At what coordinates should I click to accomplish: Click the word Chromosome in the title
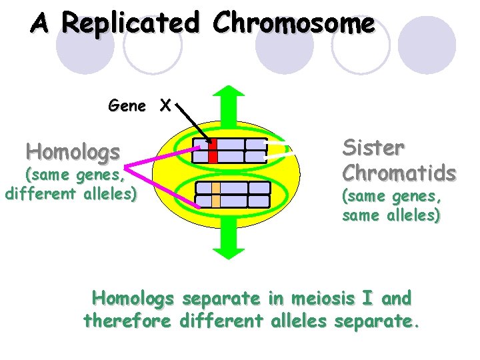[293, 24]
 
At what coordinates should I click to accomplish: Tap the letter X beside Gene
[165, 105]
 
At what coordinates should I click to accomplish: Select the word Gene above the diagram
[127, 105]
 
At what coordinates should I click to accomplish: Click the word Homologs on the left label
[73, 151]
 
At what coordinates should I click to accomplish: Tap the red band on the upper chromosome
[213, 151]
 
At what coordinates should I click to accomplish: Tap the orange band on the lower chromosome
[216, 194]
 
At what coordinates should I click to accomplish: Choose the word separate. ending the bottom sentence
[378, 321]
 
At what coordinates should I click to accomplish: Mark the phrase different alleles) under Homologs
[71, 195]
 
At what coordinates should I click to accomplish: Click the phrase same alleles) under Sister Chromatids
[390, 215]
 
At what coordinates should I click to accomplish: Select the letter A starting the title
[41, 24]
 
